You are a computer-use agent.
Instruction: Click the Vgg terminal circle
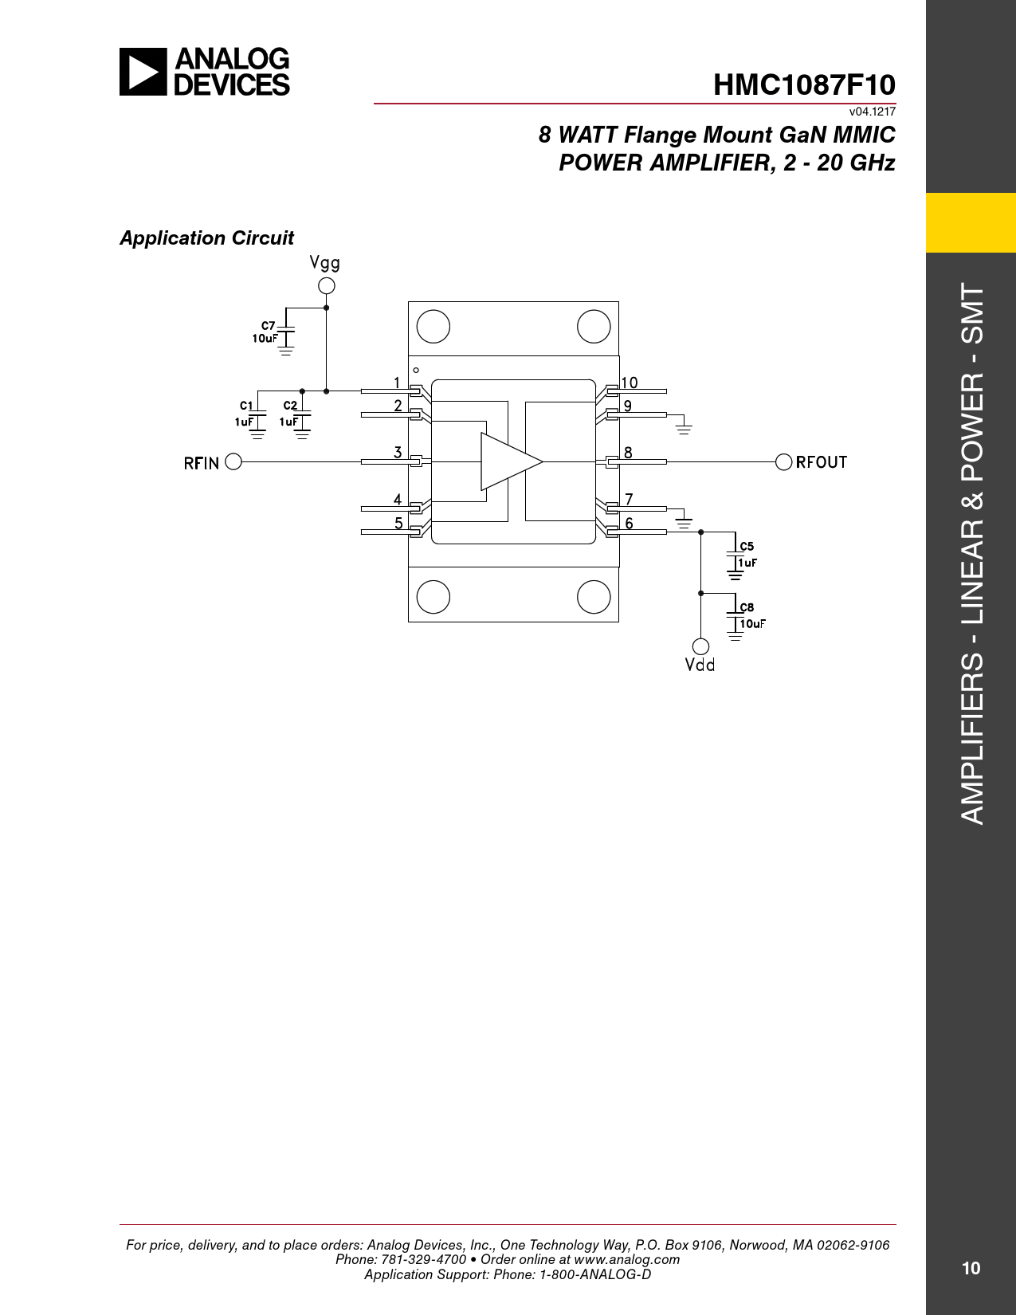(x=326, y=285)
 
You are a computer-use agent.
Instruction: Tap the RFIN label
(x=201, y=464)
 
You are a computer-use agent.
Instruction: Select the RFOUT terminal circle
(x=783, y=461)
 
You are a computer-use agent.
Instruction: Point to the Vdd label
(x=700, y=665)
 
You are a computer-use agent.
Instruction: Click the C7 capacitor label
(x=268, y=326)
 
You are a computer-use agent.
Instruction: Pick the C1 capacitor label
(x=246, y=406)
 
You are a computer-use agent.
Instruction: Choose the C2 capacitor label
(x=291, y=406)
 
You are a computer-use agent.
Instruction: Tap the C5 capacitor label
(x=747, y=547)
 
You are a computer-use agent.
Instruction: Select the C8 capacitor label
(x=747, y=607)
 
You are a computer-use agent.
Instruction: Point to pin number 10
(x=630, y=383)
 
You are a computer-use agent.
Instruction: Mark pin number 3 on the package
(x=398, y=452)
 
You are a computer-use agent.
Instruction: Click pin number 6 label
(x=629, y=523)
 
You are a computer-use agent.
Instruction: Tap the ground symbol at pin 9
(x=684, y=429)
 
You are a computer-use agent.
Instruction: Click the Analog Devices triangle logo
(x=143, y=72)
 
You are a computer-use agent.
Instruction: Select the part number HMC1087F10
(x=804, y=84)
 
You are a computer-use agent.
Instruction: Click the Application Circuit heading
(x=207, y=237)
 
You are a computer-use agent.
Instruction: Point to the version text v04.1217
(x=872, y=112)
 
